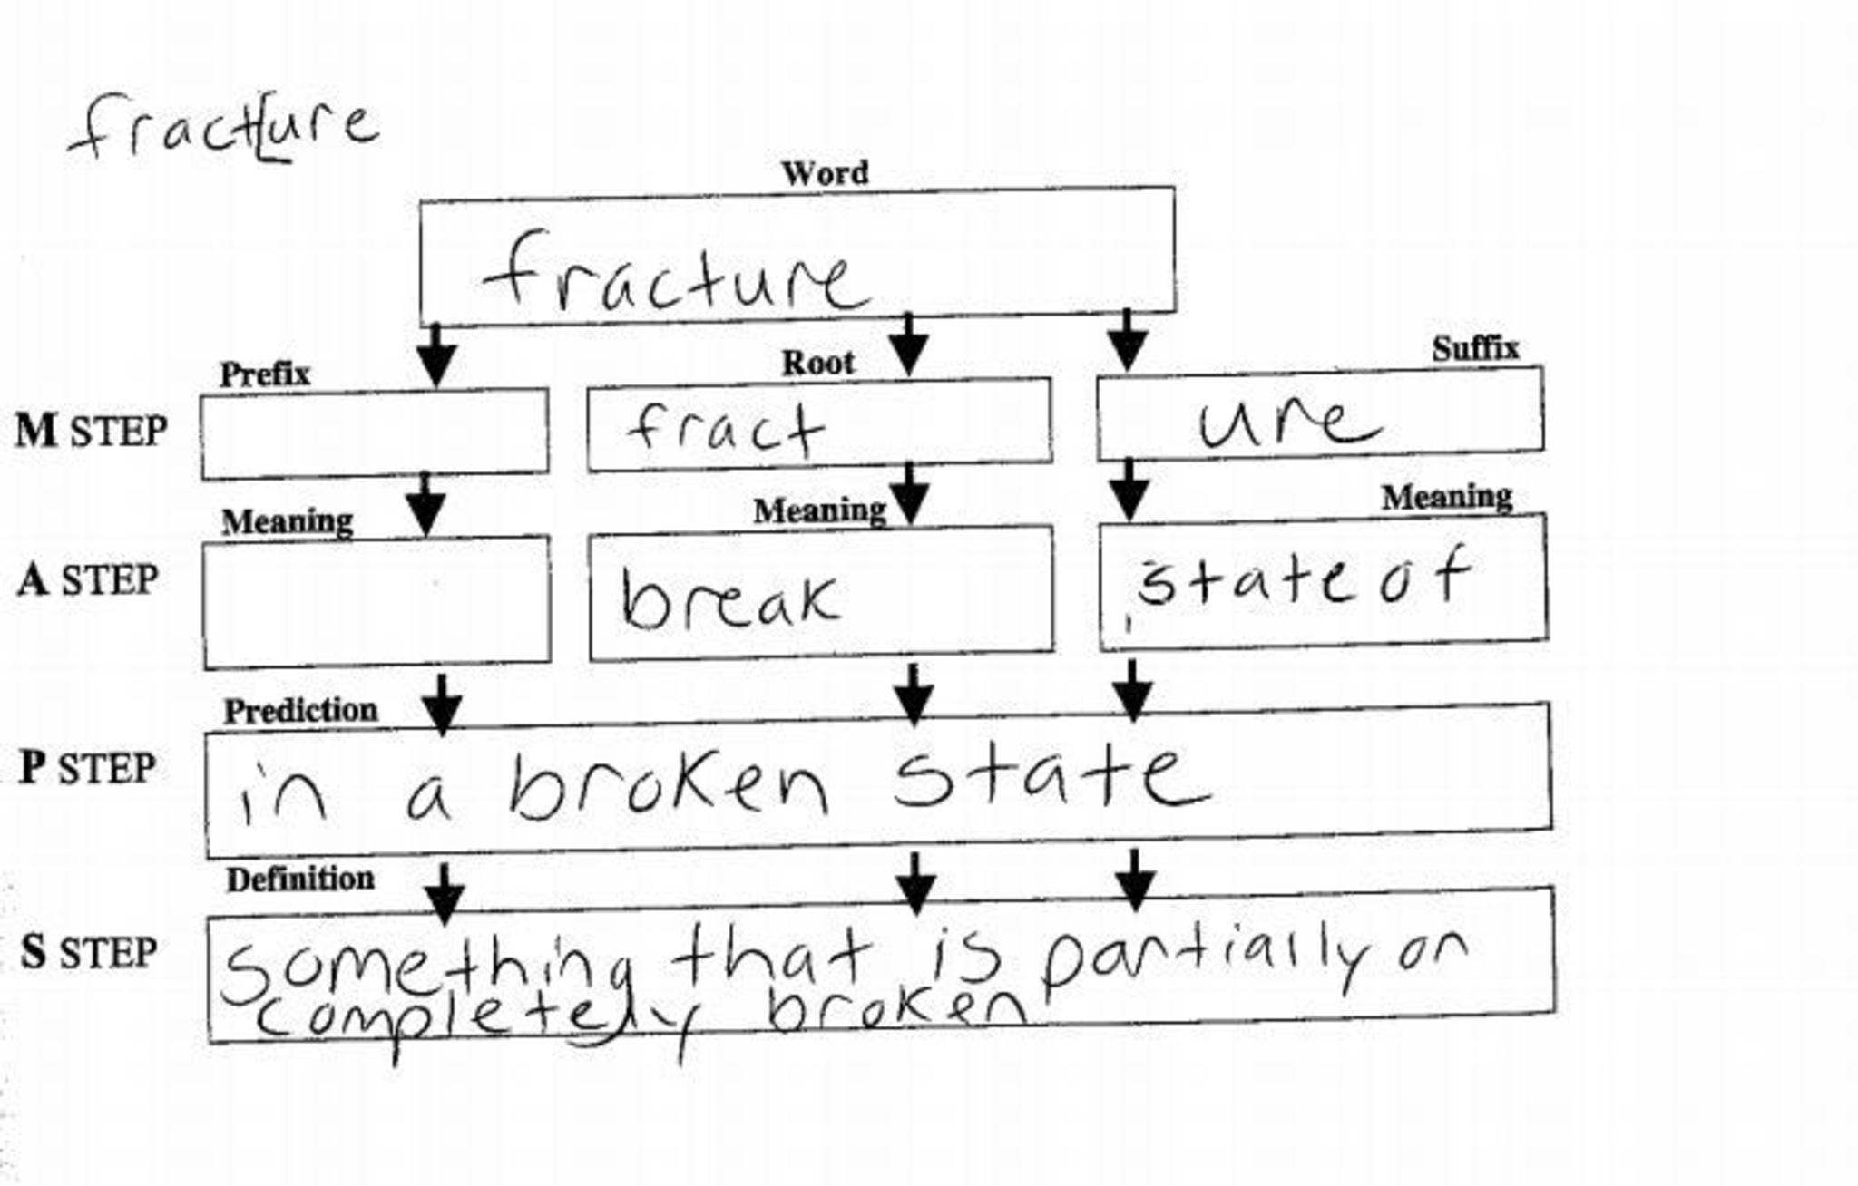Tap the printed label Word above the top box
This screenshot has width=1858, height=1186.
tap(825, 172)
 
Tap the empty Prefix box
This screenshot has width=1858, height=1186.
tap(375, 433)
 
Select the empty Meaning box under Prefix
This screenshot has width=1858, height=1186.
tap(376, 601)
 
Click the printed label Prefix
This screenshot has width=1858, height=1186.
tap(265, 374)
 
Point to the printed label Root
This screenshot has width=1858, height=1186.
tap(817, 363)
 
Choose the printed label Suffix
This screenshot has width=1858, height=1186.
tap(1474, 348)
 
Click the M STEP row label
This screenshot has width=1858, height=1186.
tap(92, 431)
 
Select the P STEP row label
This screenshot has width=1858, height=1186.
tap(87, 768)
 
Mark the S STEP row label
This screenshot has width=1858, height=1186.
tap(89, 952)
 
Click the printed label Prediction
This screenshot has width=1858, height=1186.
tap(300, 710)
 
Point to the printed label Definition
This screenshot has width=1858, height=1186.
tap(299, 879)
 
